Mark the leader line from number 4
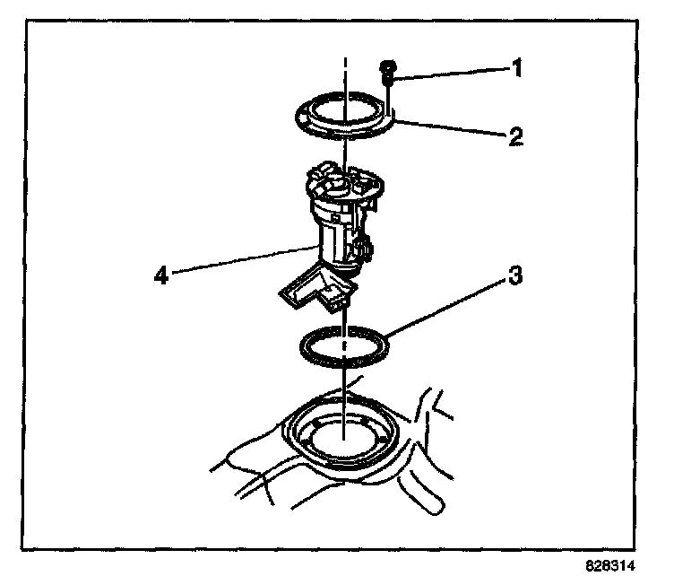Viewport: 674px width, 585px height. (242, 260)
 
